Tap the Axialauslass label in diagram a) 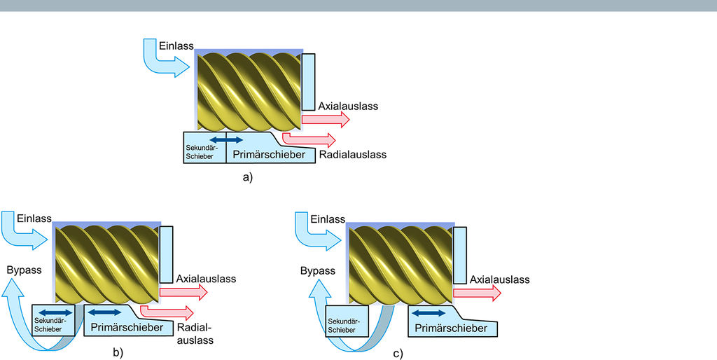pyautogui.click(x=348, y=106)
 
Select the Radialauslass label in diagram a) pyautogui.click(x=352, y=155)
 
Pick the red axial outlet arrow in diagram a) pyautogui.click(x=325, y=120)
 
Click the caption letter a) pyautogui.click(x=247, y=177)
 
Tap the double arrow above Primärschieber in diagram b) pyautogui.click(x=104, y=312)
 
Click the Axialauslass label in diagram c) pyautogui.click(x=499, y=279)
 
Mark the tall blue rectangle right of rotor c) pyautogui.click(x=459, y=255)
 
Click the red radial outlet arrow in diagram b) pyautogui.click(x=167, y=310)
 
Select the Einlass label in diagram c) pyautogui.click(x=328, y=219)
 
